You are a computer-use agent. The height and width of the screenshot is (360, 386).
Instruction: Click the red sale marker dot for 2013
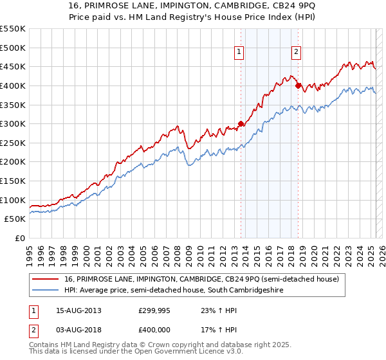coord(241,124)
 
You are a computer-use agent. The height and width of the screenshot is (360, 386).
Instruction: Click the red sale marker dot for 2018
coord(298,85)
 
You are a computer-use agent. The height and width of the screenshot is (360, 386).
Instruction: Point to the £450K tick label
coord(13,66)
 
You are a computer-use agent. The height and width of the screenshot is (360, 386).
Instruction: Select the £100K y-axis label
coord(13,200)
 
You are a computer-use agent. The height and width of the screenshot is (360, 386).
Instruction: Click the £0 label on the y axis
coord(19,238)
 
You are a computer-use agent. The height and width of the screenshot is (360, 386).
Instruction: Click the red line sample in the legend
coord(45,279)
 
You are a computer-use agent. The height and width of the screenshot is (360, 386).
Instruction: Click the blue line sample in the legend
coord(45,290)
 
